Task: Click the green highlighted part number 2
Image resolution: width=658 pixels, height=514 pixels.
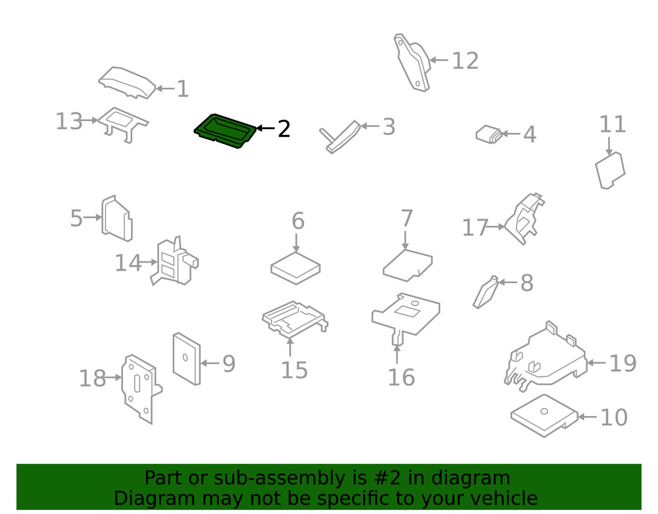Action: click(225, 132)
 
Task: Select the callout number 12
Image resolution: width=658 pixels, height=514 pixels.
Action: click(465, 61)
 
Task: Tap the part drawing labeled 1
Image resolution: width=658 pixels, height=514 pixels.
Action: click(128, 83)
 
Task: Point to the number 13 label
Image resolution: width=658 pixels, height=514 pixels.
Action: click(69, 121)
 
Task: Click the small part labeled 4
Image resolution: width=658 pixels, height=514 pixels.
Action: click(489, 134)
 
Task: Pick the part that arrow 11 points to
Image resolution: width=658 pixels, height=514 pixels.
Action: click(610, 170)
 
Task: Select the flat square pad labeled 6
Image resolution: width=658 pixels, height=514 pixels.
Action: click(295, 268)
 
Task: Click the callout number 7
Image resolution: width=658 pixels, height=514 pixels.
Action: click(407, 218)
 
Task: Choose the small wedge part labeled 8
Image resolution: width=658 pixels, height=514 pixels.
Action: click(486, 292)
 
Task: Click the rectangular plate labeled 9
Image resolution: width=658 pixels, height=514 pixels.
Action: click(186, 359)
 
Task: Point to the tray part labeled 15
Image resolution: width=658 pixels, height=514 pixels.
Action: click(295, 319)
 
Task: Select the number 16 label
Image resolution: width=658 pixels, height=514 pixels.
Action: click(401, 377)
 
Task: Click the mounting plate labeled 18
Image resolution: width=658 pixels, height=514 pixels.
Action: click(141, 389)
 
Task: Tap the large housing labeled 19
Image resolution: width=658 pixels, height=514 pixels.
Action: click(545, 357)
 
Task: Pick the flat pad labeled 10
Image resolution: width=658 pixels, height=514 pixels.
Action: click(544, 415)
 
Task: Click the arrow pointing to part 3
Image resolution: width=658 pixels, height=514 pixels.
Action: click(369, 126)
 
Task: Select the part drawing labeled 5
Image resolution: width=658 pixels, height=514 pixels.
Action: click(117, 218)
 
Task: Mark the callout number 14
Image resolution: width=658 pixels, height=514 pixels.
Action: click(128, 263)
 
